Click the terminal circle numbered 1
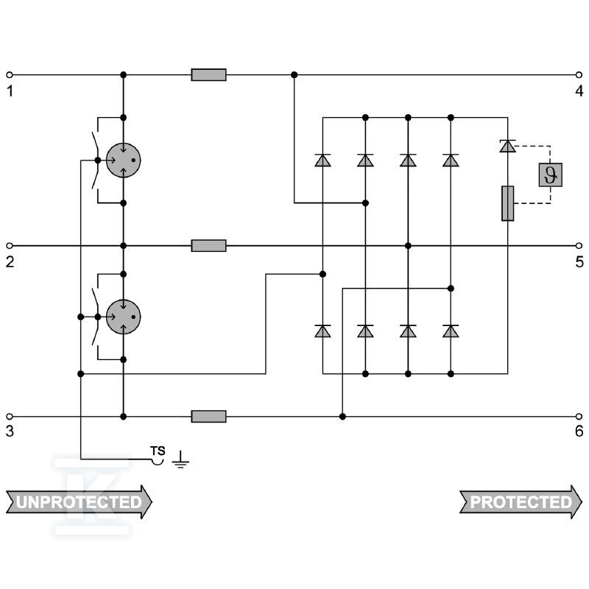tap(10, 75)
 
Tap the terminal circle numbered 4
tap(579, 75)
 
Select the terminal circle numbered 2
tap(10, 246)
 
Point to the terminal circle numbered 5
tap(579, 246)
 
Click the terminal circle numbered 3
tap(10, 416)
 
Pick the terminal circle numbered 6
tap(579, 416)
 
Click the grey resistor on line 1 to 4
tap(208, 75)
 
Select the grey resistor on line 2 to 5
tap(208, 246)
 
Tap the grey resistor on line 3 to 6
tap(208, 416)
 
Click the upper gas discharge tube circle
tap(123, 160)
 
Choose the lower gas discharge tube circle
tap(123, 317)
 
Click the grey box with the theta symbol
tap(550, 174)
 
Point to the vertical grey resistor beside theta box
tap(508, 203)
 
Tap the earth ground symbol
tap(180, 459)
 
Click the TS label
tap(158, 451)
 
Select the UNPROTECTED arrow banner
tap(79, 502)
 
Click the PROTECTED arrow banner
tap(521, 502)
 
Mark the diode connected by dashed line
tap(508, 146)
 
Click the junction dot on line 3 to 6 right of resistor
tap(342, 416)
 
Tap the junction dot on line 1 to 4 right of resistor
tap(294, 75)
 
